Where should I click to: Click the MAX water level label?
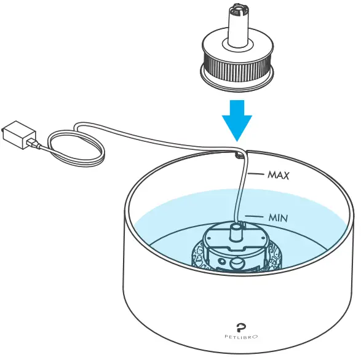click(277, 174)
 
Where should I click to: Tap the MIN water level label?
click(277, 217)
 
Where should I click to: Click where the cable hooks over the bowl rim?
click(240, 153)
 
